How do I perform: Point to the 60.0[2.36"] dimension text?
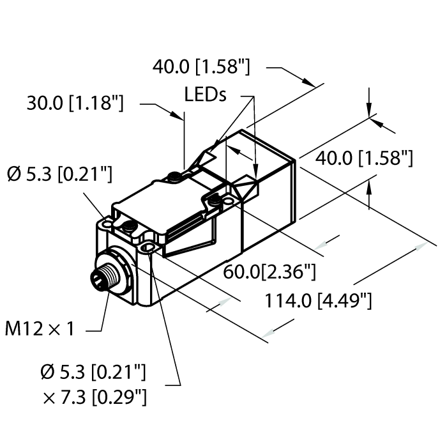(x=269, y=273)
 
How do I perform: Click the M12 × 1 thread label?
(x=40, y=330)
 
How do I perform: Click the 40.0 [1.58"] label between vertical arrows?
(x=365, y=157)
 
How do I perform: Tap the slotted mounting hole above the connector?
(x=150, y=247)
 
